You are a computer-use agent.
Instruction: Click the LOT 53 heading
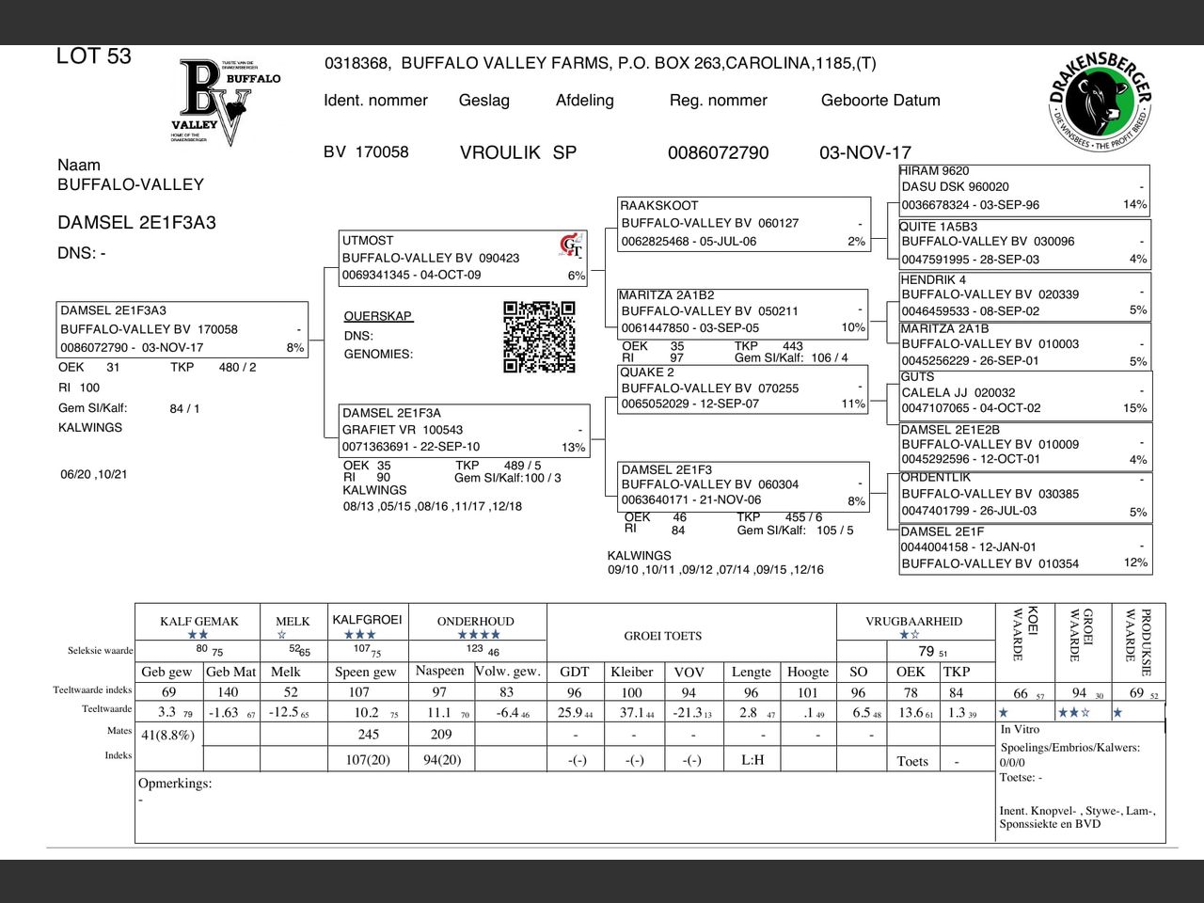(94, 56)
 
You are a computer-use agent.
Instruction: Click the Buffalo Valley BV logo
(226, 102)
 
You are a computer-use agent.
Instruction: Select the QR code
(539, 337)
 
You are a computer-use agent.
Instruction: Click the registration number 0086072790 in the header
(718, 152)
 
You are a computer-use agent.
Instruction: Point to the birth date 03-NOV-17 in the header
(864, 152)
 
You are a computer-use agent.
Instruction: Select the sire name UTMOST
(368, 241)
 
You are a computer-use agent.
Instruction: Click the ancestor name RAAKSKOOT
(658, 205)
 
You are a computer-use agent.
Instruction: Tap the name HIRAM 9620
(934, 171)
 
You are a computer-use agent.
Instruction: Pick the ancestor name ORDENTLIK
(935, 477)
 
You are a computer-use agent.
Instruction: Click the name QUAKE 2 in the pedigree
(646, 372)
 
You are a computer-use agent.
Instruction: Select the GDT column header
(574, 672)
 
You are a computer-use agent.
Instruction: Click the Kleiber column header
(631, 672)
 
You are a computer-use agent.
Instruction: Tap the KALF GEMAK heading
(198, 622)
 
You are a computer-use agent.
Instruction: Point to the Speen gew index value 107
(359, 692)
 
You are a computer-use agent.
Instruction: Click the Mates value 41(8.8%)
(167, 735)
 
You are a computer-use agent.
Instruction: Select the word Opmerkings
(175, 784)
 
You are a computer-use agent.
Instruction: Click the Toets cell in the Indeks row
(911, 761)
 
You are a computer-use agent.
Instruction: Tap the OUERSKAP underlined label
(377, 316)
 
